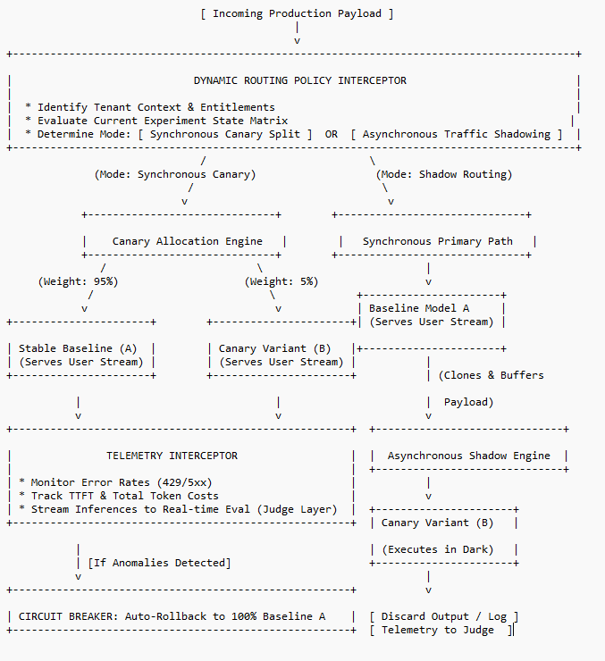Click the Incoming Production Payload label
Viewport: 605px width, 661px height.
297,14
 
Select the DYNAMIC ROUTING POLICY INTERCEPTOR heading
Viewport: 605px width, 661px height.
299,80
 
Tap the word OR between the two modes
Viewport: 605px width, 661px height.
331,134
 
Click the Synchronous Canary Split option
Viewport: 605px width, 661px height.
225,135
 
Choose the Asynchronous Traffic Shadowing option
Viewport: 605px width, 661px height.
457,135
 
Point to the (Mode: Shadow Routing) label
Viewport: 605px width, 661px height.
444,174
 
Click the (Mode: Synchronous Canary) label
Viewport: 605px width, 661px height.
175,174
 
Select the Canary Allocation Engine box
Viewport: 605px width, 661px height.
181,235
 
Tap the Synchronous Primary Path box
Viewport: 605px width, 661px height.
432,235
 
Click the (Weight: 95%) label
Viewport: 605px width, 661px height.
78,281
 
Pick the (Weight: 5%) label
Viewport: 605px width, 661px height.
281,281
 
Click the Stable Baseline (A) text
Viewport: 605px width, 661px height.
78,348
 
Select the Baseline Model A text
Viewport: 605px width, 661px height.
419,308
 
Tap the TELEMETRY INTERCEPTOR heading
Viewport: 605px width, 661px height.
172,456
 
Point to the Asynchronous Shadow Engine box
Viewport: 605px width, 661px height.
469,449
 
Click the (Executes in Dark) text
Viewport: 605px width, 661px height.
438,549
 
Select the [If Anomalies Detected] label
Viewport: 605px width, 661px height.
159,564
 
